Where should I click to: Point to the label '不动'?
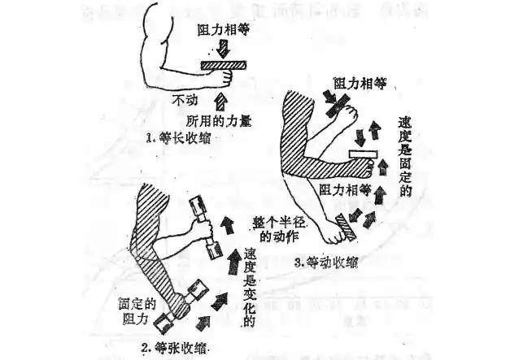coord(185,101)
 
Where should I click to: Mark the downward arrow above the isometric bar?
coord(220,49)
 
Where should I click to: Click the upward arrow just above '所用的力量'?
coord(220,101)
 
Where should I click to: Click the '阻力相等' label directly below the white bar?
coord(346,189)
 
